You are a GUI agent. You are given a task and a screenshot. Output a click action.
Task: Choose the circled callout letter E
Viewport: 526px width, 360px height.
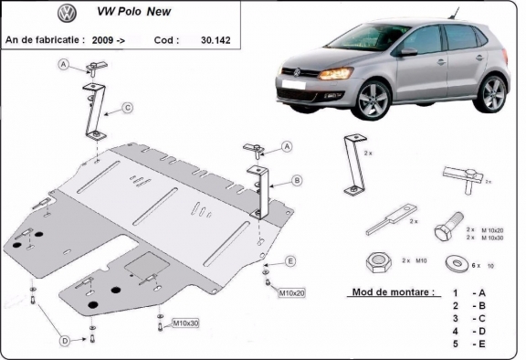pos(289,261)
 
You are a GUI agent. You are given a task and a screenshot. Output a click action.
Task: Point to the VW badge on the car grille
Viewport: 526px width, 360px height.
pos(299,74)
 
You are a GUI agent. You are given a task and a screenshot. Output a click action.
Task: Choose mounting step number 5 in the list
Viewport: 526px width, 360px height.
pos(454,344)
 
